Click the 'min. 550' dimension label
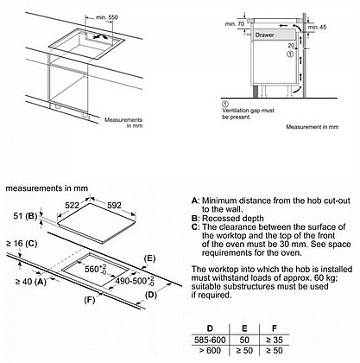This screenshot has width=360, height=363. (107, 17)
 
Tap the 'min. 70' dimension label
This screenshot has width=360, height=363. (235, 24)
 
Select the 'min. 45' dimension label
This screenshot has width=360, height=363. (317, 27)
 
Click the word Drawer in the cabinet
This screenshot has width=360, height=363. (264, 35)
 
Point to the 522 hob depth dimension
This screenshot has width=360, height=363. (72, 205)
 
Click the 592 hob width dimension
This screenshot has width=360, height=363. (114, 205)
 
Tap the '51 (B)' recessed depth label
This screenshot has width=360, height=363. (25, 216)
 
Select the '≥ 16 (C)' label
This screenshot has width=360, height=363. (22, 244)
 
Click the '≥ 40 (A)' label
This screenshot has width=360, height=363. (30, 282)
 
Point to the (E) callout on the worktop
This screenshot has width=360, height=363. (149, 258)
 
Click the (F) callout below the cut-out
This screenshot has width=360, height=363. (90, 300)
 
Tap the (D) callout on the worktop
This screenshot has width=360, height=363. (151, 295)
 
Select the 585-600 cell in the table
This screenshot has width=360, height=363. (210, 340)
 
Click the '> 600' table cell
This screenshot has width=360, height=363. (210, 351)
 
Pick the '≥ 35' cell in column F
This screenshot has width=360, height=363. (275, 340)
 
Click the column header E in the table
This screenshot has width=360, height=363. (244, 328)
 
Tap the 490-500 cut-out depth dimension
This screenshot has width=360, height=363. (135, 281)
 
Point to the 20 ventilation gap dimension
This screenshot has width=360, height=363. (291, 46)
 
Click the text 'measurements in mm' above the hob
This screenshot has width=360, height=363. (47, 188)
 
